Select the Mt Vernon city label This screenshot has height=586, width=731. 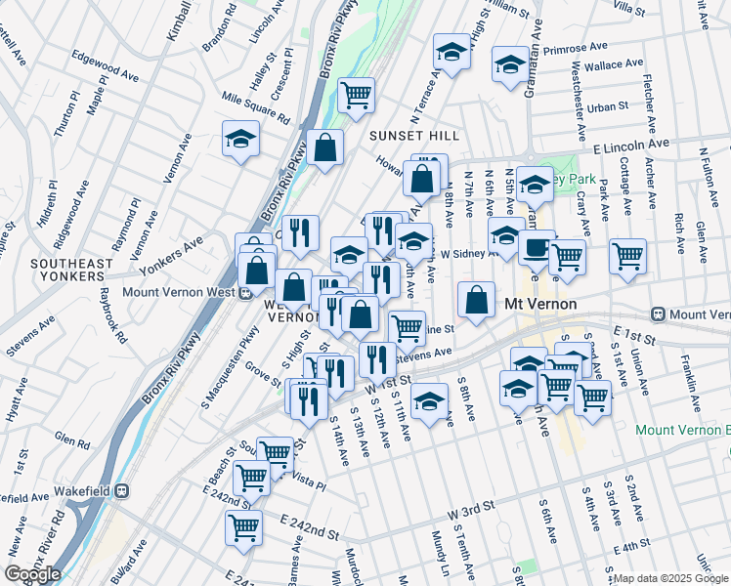(x=539, y=304)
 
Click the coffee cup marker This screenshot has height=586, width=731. (x=537, y=249)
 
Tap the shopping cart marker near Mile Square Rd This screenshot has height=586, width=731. (x=357, y=95)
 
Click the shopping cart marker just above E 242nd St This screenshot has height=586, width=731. (x=243, y=527)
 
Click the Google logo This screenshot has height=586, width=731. (x=31, y=574)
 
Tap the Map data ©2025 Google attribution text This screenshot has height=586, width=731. (x=670, y=578)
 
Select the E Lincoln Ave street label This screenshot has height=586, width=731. (x=631, y=144)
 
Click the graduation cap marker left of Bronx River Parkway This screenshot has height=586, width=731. (x=239, y=139)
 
